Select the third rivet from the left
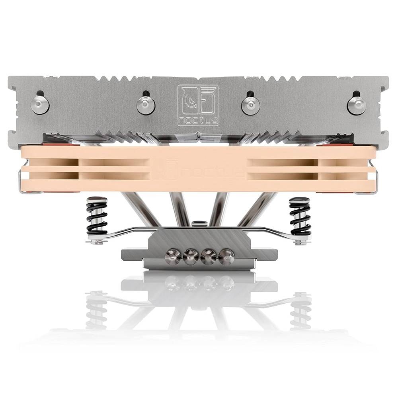pyautogui.click(x=250, y=105)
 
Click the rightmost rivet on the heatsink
pyautogui.click(x=357, y=103)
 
